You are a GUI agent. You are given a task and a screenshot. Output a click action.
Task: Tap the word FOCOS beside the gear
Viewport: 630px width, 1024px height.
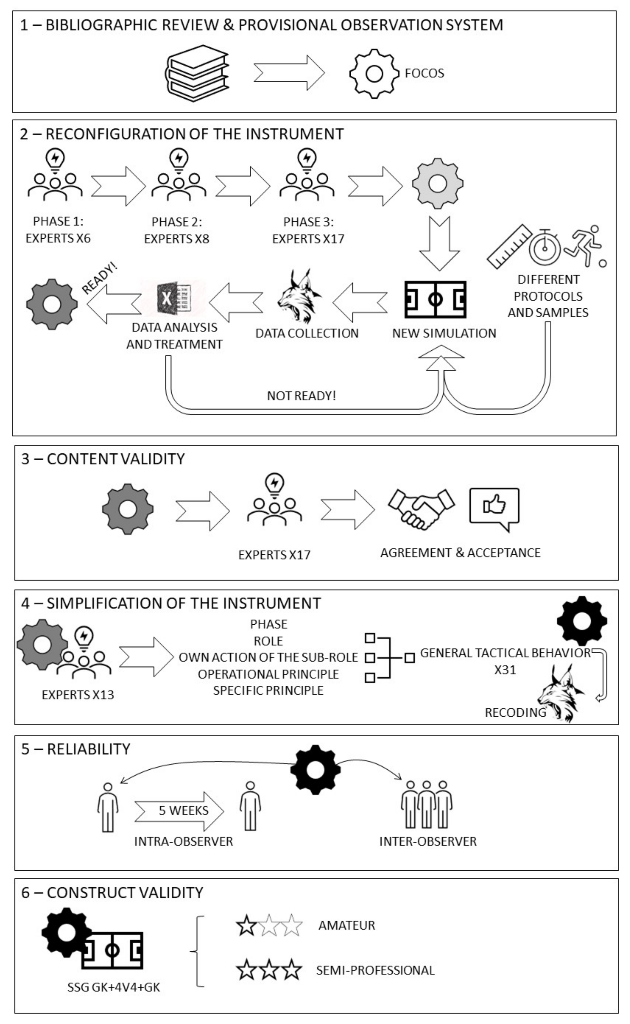tap(424, 73)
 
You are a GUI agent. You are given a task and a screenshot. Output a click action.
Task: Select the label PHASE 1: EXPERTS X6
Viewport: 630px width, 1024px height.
tap(58, 230)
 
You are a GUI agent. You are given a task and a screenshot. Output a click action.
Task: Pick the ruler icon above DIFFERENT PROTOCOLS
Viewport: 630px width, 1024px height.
tap(509, 246)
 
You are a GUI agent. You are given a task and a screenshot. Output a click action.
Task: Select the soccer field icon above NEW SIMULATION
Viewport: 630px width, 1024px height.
tap(435, 299)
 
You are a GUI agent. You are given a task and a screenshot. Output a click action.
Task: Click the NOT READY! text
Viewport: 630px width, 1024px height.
tap(301, 396)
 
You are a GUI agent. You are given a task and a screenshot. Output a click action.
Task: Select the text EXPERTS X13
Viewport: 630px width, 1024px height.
tap(78, 695)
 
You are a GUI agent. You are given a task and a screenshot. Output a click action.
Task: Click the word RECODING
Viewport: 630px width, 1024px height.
tap(515, 712)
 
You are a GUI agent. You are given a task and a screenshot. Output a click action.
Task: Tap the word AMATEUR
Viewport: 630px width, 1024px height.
tap(347, 926)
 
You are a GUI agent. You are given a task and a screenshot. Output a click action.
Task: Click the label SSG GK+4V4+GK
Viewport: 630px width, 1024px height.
tap(114, 988)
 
